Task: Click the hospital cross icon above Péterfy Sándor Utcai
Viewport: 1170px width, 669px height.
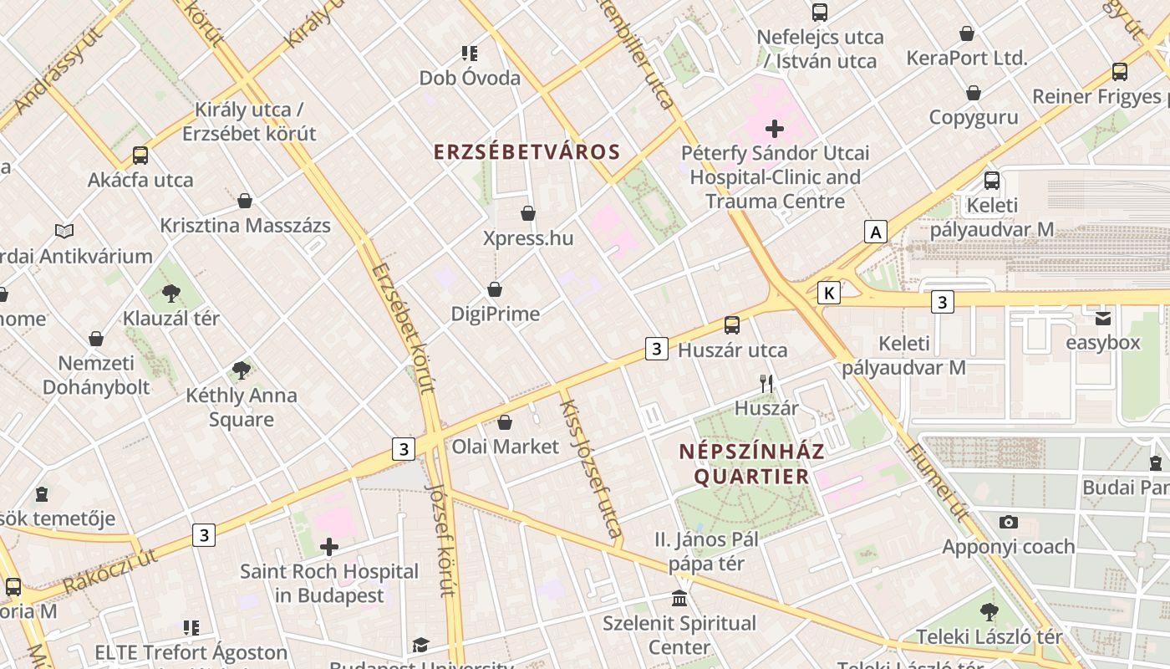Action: coord(775,129)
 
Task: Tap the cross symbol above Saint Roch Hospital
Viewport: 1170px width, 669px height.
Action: coord(329,547)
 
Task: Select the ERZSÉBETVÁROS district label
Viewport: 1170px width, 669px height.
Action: coord(526,152)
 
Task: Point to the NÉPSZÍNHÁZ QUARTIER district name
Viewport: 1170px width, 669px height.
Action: coord(751,464)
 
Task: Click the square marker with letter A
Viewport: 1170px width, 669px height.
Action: coord(875,232)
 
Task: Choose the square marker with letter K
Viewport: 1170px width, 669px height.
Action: coord(828,293)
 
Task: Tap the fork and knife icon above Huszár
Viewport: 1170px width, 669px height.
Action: coord(766,384)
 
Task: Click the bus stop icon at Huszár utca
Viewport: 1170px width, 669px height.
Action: coord(732,325)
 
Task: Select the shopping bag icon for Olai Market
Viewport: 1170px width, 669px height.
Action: coord(504,422)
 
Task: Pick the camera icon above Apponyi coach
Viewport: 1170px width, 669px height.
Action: coord(1008,523)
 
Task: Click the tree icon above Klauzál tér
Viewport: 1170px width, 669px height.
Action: coord(171,294)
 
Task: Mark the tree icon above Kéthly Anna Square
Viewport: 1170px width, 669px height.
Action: coord(242,370)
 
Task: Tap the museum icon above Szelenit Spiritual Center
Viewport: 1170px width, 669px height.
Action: coord(679,599)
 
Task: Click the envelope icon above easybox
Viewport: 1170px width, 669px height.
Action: coord(1103,319)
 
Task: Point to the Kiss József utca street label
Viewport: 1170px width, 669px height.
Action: coord(590,468)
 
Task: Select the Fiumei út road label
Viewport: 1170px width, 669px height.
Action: coord(937,483)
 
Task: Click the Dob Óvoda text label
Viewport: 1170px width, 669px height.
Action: coord(470,78)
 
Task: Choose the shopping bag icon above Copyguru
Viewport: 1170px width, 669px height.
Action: coord(973,93)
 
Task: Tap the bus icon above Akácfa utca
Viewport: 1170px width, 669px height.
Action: coord(140,156)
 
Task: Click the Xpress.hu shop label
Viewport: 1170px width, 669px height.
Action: coord(528,238)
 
